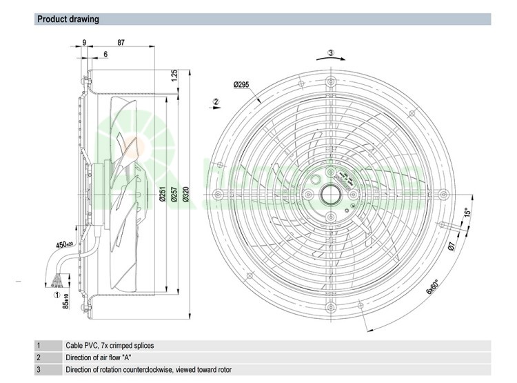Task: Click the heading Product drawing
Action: pos(68,19)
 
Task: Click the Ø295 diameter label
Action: pos(241,85)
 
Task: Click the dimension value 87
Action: pos(121,43)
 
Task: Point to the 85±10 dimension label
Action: pos(66,302)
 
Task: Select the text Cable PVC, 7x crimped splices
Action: pos(110,346)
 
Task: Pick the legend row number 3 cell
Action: pos(39,370)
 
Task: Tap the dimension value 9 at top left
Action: pos(84,43)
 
